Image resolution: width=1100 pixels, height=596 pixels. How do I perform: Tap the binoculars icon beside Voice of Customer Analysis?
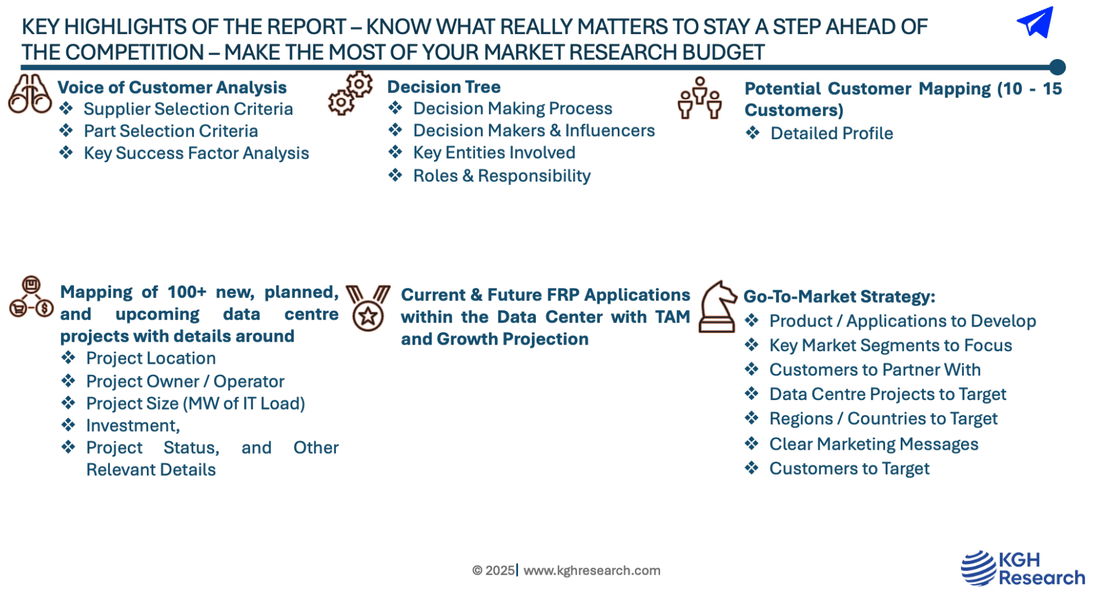pos(29,94)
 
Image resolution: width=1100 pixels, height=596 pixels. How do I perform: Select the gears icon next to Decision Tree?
pos(350,93)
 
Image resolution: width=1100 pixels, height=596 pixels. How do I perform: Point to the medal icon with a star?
pos(368,308)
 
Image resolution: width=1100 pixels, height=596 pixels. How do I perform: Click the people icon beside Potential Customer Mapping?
pos(700,98)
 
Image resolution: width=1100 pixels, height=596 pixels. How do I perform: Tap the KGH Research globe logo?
pos(978,568)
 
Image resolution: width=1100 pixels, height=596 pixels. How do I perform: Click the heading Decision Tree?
pos(443,87)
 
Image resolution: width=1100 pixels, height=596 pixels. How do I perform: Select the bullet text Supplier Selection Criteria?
pos(188,109)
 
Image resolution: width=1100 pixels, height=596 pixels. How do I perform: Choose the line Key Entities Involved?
pos(494,152)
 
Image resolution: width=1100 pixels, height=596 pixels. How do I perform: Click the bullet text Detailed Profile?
pos(831,133)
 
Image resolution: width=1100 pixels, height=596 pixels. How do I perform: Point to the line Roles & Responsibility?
pos(502,176)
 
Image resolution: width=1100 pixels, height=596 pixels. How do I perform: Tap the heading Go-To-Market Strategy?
pos(839,296)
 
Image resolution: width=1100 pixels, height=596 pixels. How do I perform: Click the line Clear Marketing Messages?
pos(874,444)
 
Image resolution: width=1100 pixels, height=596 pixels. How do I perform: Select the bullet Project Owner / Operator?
pos(185,381)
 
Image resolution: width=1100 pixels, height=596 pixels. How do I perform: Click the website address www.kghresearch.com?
pos(592,570)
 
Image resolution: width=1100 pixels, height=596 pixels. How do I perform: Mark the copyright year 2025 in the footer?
pos(500,570)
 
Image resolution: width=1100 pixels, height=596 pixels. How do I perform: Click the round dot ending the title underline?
pos(1057,67)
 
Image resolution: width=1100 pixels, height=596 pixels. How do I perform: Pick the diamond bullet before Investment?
pos(69,425)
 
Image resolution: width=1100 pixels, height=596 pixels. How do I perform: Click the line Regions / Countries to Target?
pos(883,419)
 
